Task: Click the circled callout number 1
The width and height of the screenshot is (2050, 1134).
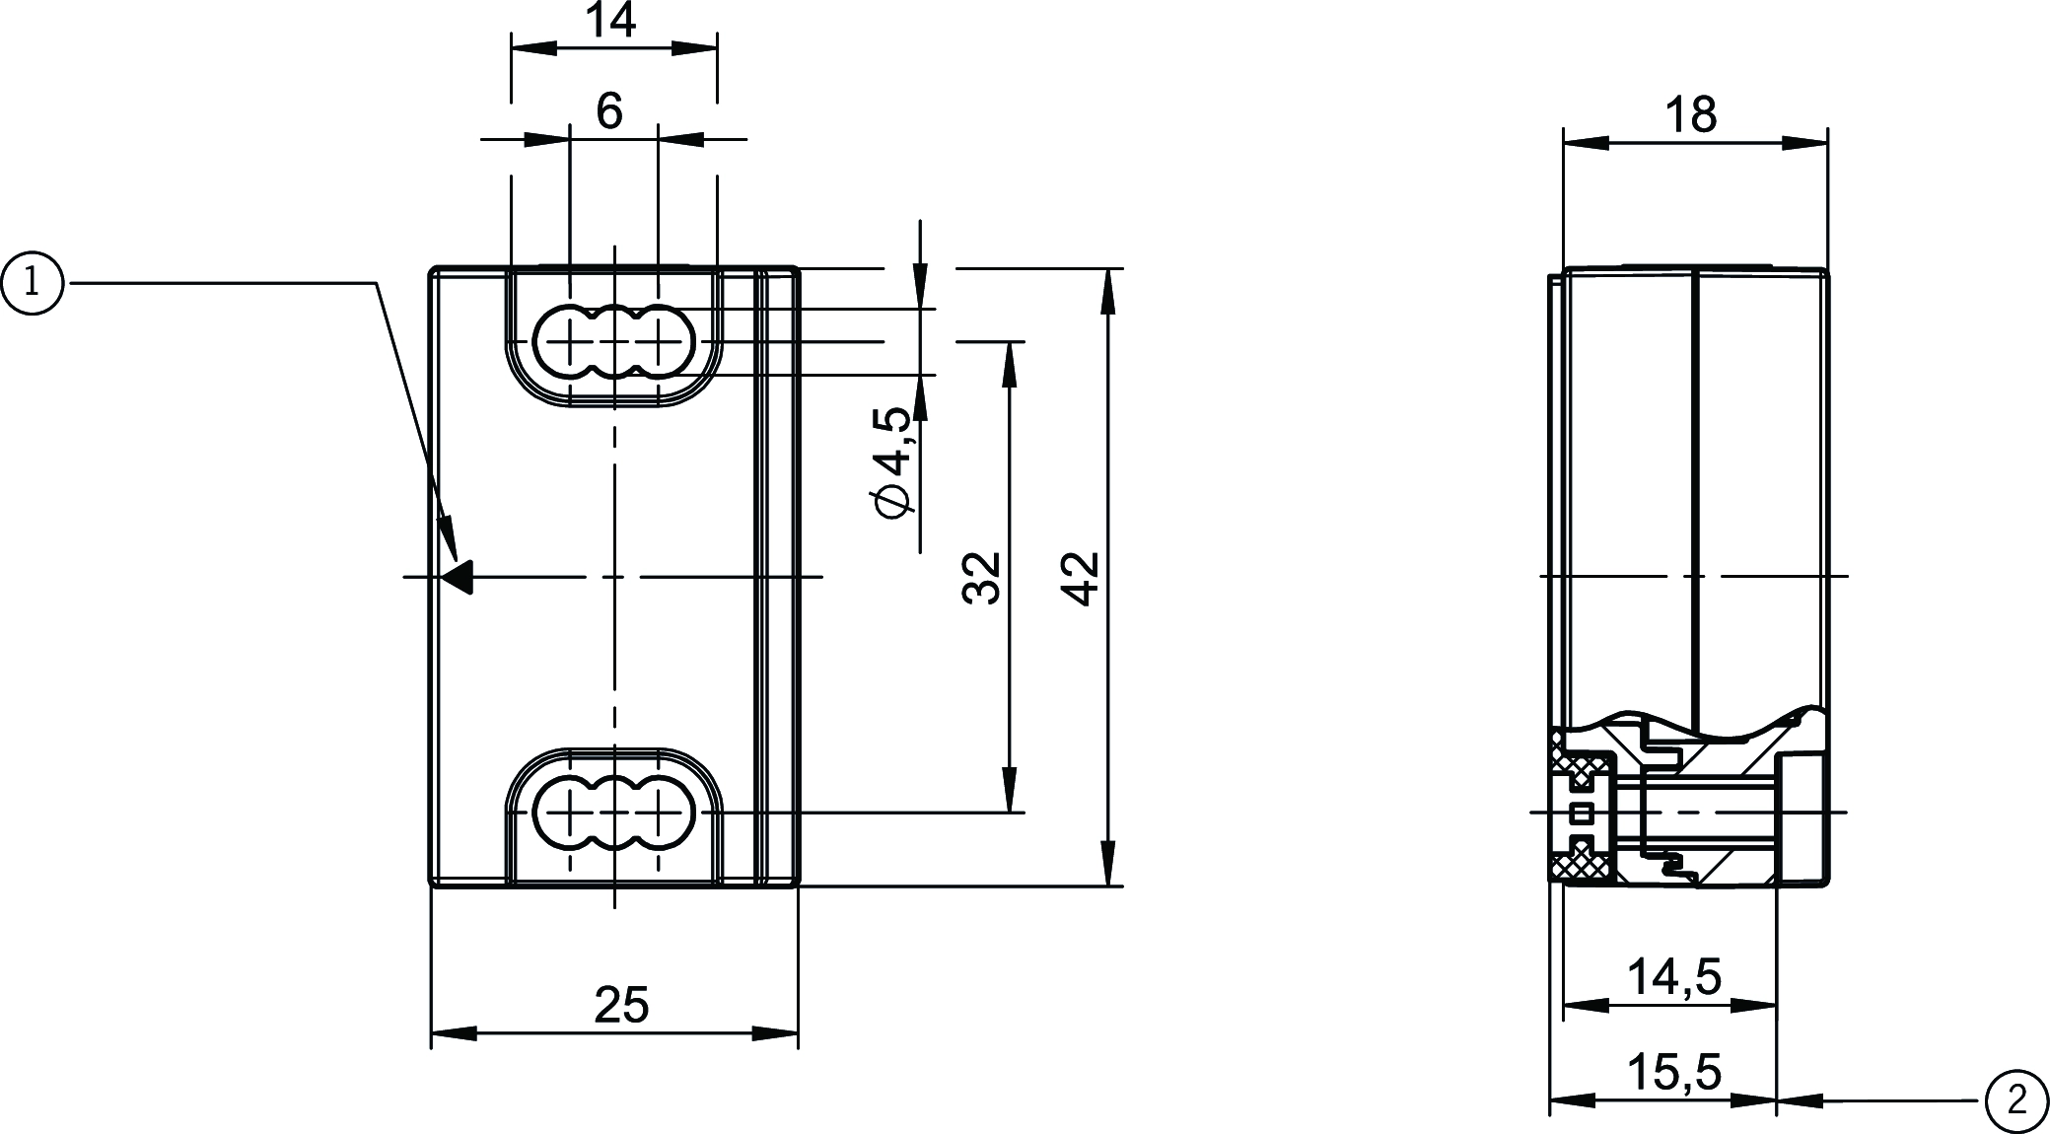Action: (x=33, y=284)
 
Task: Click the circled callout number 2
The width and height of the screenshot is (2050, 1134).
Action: (x=2016, y=1099)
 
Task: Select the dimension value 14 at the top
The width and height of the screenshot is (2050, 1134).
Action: (x=611, y=20)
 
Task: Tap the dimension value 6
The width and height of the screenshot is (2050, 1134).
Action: (x=609, y=110)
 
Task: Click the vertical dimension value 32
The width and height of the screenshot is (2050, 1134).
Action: (x=982, y=578)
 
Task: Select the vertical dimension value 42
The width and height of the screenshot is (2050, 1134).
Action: (x=1083, y=578)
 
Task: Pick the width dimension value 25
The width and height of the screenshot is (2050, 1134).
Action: (x=621, y=1005)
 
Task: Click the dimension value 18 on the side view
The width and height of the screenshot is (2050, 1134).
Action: (x=1692, y=115)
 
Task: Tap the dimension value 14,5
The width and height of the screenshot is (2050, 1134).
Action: (x=1673, y=977)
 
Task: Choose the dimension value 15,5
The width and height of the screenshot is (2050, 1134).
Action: (x=1673, y=1072)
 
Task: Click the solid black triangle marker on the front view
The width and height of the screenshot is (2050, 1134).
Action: (x=460, y=577)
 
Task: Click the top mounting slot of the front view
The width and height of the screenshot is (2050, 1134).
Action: (x=614, y=342)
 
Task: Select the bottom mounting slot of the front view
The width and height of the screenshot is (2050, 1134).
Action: (x=614, y=814)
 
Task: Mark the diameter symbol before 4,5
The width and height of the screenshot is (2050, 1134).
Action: (x=893, y=501)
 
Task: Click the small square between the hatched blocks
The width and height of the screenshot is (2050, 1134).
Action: (x=1583, y=813)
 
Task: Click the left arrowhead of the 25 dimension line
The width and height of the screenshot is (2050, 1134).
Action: (x=453, y=1033)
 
